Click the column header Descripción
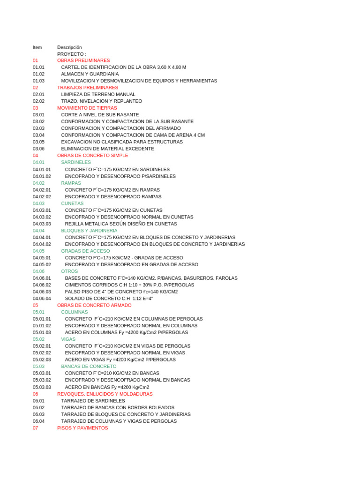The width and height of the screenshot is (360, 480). [69, 47]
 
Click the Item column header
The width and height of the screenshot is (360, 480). [37, 47]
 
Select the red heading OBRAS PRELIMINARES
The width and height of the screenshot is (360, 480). [83, 60]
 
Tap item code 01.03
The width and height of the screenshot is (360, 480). [38, 81]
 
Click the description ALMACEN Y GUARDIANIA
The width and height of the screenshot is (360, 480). [90, 74]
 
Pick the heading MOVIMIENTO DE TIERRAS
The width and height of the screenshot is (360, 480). [87, 108]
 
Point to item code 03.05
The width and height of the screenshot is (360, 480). [38, 142]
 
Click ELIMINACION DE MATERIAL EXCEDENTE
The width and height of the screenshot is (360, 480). [107, 149]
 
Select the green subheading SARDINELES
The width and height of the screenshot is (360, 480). [76, 162]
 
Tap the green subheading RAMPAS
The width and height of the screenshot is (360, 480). [71, 183]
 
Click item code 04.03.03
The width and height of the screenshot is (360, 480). [42, 224]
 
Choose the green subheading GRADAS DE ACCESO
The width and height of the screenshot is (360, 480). [85, 251]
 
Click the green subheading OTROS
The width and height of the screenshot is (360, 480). [69, 271]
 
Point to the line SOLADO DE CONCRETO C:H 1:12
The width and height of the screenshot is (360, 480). [109, 299]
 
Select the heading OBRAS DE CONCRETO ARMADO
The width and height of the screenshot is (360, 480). [94, 305]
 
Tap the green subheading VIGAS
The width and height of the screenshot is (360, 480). [68, 339]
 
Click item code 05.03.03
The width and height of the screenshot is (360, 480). [42, 387]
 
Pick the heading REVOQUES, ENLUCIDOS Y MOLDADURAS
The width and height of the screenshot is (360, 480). [105, 394]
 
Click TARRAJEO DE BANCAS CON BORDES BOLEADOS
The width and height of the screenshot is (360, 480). [117, 407]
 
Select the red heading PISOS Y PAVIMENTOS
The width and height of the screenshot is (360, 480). [82, 428]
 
